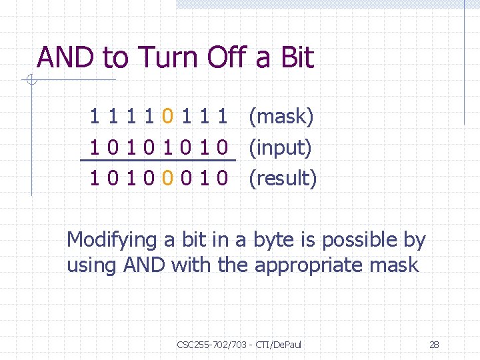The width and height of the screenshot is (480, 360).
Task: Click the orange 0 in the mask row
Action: [x=170, y=117]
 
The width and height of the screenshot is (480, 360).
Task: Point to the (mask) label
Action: [x=281, y=117]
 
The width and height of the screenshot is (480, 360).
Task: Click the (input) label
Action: [x=280, y=147]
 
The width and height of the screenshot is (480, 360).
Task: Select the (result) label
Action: [x=283, y=178]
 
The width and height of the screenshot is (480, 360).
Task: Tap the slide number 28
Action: [x=434, y=345]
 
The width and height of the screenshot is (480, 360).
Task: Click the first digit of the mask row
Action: [x=96, y=117]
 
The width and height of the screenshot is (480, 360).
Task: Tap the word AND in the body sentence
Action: [x=145, y=265]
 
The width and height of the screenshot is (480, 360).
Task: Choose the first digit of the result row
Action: [x=96, y=178]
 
